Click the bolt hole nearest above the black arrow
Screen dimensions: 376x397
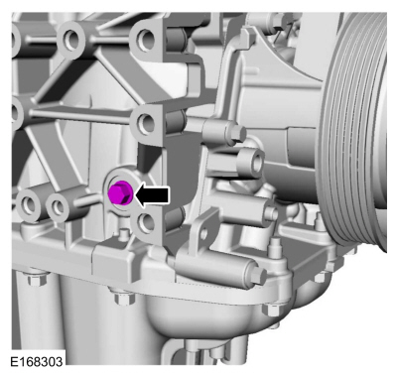(148, 123)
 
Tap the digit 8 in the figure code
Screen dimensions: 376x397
(32, 365)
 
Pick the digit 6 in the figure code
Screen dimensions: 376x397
(24, 365)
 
